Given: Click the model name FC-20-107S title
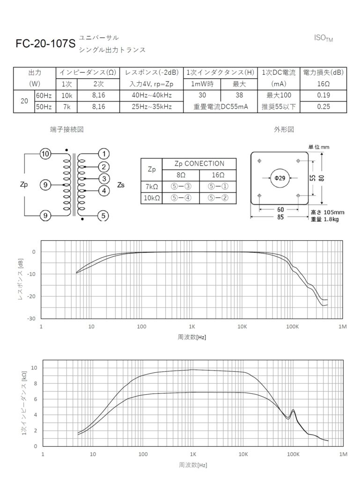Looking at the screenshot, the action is (x=45, y=44).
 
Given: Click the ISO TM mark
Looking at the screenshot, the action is (x=323, y=38).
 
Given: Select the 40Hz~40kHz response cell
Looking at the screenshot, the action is (x=151, y=95).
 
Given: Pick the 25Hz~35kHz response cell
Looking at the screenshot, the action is (x=151, y=107).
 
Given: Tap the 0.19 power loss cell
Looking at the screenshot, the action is (x=323, y=95).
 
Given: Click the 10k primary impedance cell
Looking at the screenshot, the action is (x=66, y=95).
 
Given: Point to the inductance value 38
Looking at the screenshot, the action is (x=239, y=95).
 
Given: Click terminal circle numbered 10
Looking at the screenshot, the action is (x=45, y=154).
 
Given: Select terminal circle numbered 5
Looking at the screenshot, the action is (x=104, y=216).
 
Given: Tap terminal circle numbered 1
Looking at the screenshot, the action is (x=104, y=154).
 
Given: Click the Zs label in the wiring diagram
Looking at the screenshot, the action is (x=121, y=184).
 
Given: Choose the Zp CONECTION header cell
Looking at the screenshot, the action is (x=199, y=164).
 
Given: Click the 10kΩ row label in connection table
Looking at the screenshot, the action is (x=151, y=198).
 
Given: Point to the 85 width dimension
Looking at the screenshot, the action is (x=280, y=218).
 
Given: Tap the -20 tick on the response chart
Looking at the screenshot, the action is (x=33, y=297).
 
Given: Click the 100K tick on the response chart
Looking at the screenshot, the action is (x=293, y=326).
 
